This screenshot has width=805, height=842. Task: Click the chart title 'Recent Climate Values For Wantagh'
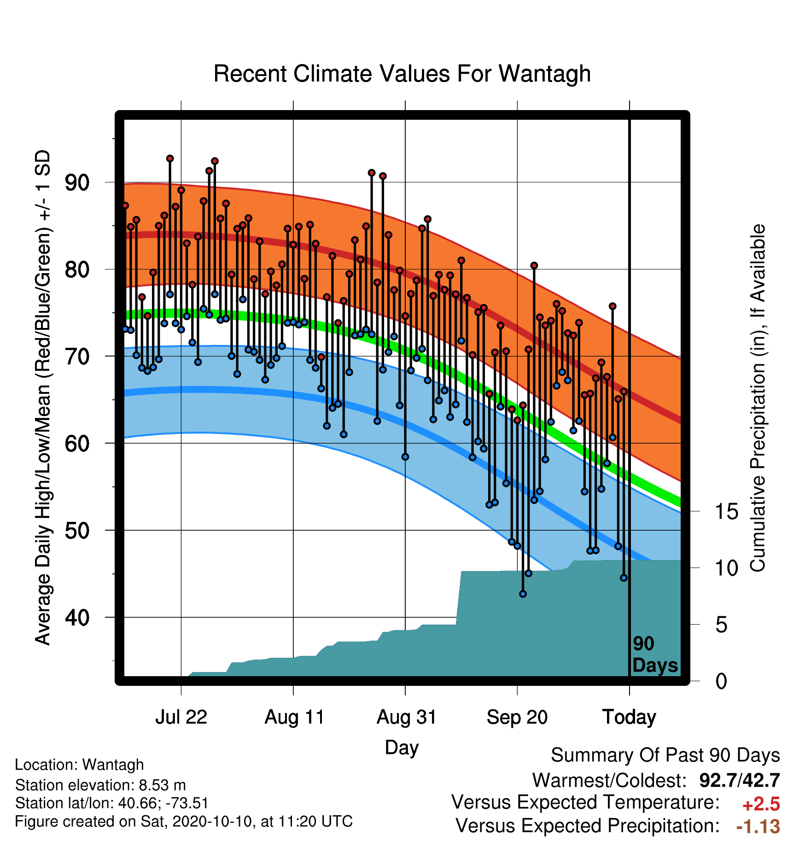click(x=402, y=74)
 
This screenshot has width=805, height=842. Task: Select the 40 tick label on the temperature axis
click(x=77, y=617)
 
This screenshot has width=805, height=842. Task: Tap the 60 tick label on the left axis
click(x=77, y=444)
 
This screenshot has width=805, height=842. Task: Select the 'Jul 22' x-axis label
click(x=181, y=717)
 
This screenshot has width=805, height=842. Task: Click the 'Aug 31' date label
click(x=406, y=717)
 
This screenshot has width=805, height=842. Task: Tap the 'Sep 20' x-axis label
click(x=517, y=717)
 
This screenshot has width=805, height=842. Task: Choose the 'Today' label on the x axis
click(x=629, y=717)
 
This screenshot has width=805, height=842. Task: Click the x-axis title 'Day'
click(x=402, y=748)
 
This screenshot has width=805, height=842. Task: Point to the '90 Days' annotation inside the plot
click(x=655, y=655)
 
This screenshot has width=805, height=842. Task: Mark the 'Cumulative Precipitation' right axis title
click(x=758, y=398)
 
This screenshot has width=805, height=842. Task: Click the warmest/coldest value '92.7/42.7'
click(x=739, y=780)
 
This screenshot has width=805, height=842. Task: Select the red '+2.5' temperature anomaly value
click(x=761, y=804)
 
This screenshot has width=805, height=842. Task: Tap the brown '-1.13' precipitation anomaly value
click(x=758, y=826)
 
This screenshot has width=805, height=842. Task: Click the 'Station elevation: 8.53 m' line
click(x=100, y=785)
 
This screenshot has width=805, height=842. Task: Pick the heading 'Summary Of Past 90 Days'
click(x=665, y=755)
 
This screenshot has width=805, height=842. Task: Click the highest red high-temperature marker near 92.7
click(x=170, y=158)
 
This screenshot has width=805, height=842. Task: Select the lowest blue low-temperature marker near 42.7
click(x=523, y=594)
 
